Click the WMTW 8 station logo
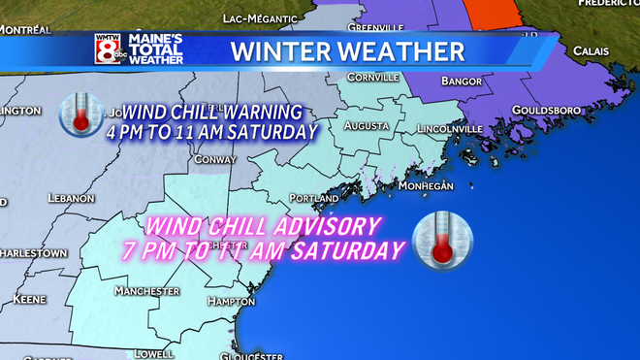(x=110, y=49)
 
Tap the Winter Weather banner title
(x=347, y=49)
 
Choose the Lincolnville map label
(x=447, y=128)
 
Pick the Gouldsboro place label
(x=546, y=111)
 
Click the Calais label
(x=591, y=50)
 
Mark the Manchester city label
(x=146, y=291)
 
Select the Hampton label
(x=232, y=302)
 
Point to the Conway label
(x=216, y=159)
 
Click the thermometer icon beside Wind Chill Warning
(x=80, y=114)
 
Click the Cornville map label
(x=373, y=77)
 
